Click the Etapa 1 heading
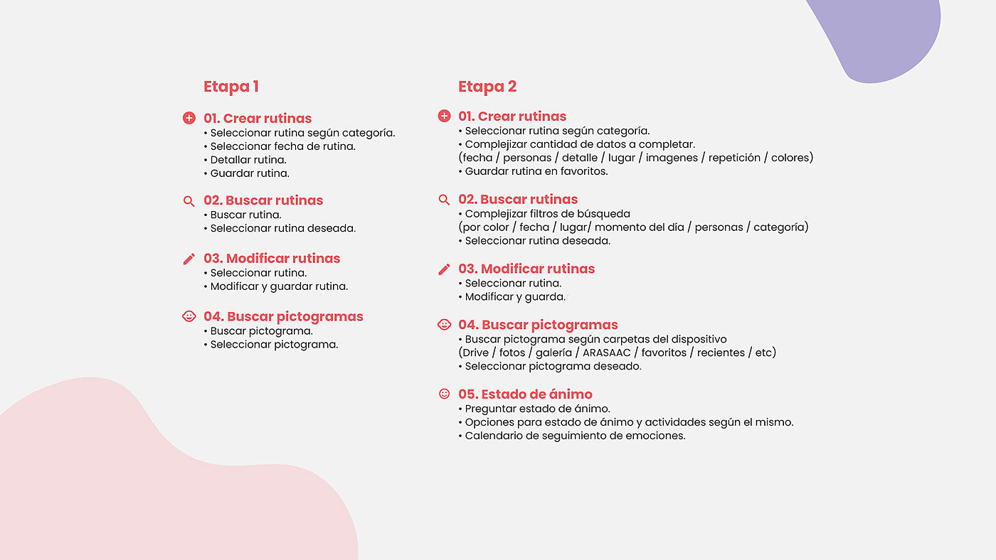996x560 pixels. click(231, 87)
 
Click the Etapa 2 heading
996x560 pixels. click(487, 87)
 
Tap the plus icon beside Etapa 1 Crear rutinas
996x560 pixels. click(189, 118)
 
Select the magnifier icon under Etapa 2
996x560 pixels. click(444, 200)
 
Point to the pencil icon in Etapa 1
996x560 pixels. click(189, 259)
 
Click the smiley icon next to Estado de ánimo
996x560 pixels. click(444, 394)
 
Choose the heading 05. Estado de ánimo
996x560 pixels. click(525, 394)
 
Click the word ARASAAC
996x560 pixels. click(607, 352)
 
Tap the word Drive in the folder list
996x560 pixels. click(476, 352)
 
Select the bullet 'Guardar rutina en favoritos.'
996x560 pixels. click(536, 171)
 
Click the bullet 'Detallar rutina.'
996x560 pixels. click(248, 160)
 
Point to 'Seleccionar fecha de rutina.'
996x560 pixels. click(282, 146)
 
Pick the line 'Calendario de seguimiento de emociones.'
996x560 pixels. click(575, 436)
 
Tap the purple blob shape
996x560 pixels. click(882, 36)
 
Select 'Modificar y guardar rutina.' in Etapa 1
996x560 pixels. click(279, 286)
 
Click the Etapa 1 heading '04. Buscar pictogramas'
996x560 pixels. click(283, 316)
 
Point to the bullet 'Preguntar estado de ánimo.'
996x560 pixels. click(537, 409)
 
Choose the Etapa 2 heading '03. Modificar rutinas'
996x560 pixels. click(526, 269)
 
